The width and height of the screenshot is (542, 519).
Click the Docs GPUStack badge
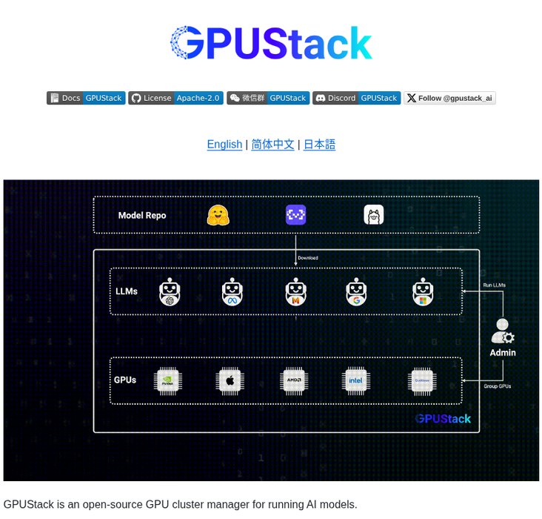pyautogui.click(x=85, y=98)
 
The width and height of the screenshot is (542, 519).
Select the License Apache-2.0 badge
pyautogui.click(x=175, y=98)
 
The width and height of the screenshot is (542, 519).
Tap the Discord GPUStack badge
pyautogui.click(x=356, y=98)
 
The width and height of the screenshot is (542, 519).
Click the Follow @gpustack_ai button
pyautogui.click(x=449, y=98)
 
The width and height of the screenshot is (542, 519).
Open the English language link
pyautogui.click(x=224, y=145)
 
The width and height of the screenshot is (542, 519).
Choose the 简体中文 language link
pyautogui.click(x=272, y=145)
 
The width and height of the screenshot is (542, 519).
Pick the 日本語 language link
pyautogui.click(x=319, y=145)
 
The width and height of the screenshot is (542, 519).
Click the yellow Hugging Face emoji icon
pyautogui.click(x=218, y=215)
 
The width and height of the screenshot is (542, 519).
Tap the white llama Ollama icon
pyautogui.click(x=374, y=215)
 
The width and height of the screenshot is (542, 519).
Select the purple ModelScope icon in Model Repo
pyautogui.click(x=296, y=215)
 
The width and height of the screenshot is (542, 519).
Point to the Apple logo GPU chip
pyautogui.click(x=230, y=381)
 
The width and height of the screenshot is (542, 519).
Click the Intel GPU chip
pyautogui.click(x=356, y=381)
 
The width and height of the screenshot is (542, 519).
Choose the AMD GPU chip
pyautogui.click(x=294, y=381)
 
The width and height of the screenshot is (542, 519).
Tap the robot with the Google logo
pyautogui.click(x=356, y=292)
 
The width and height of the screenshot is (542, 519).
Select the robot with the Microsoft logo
pyautogui.click(x=422, y=292)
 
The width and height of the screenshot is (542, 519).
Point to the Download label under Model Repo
pyautogui.click(x=307, y=258)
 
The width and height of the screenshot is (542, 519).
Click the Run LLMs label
pyautogui.click(x=494, y=285)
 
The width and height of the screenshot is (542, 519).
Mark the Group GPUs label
pyautogui.click(x=497, y=386)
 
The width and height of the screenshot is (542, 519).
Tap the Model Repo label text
pyautogui.click(x=142, y=216)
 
